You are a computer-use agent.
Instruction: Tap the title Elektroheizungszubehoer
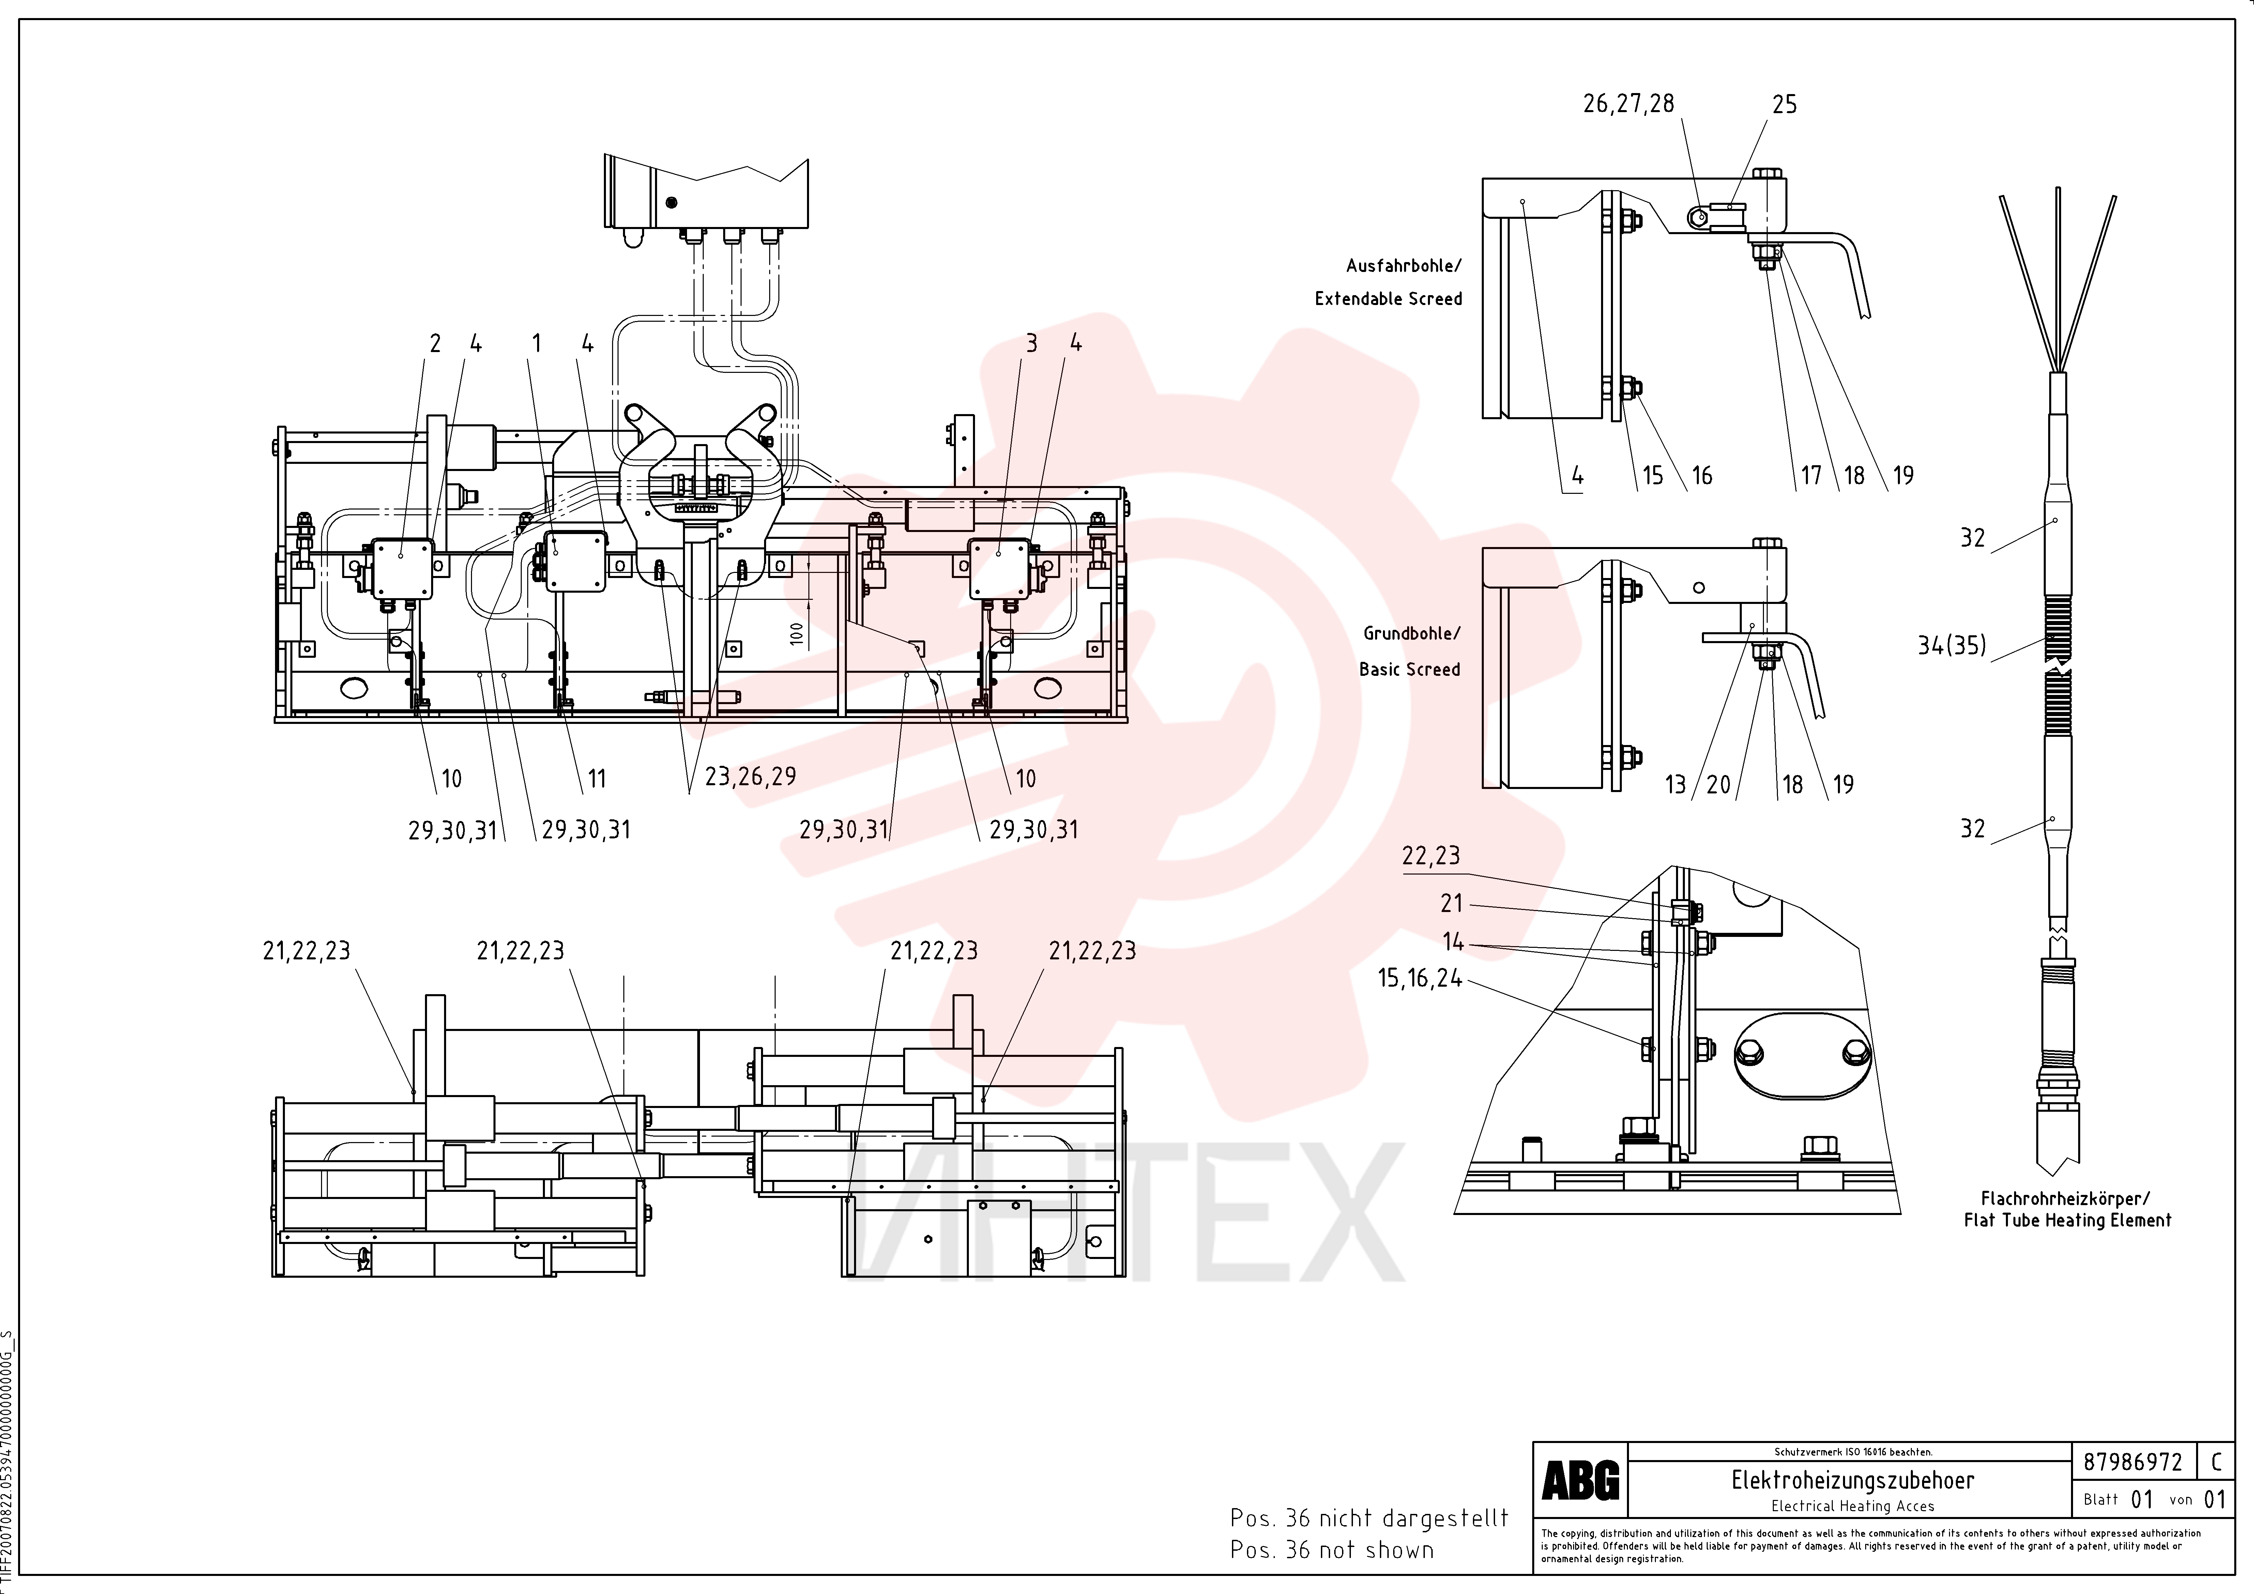(1853, 1480)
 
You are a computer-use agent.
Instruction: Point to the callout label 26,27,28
(1629, 104)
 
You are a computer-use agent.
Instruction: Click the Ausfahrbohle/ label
(1404, 266)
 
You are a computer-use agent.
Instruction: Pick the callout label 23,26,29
(750, 776)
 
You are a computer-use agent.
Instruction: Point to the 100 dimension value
(796, 633)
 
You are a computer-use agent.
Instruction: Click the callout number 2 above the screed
(435, 344)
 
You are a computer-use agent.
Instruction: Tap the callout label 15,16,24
(1419, 978)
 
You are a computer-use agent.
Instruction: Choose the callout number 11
(597, 779)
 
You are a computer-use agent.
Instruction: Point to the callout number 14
(1453, 942)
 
